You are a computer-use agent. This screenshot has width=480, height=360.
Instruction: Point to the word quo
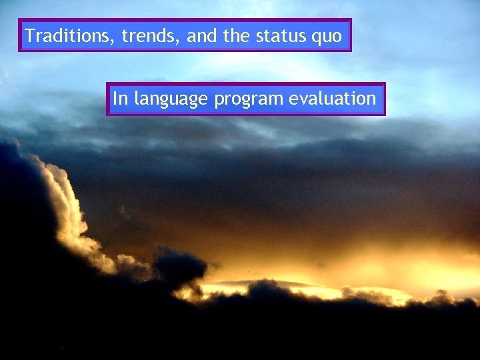click(x=327, y=37)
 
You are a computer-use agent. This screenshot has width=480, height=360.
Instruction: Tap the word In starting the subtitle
click(x=120, y=99)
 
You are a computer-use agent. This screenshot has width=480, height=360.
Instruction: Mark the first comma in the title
click(x=115, y=41)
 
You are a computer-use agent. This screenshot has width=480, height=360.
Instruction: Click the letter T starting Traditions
click(x=30, y=35)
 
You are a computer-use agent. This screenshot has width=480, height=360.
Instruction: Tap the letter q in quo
click(x=316, y=37)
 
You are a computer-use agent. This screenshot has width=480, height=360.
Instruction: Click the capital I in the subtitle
click(x=115, y=99)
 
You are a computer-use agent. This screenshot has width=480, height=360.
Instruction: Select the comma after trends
click(x=181, y=41)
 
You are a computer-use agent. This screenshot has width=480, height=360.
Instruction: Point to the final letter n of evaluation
click(x=371, y=99)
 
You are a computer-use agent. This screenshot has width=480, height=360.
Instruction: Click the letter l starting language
click(x=136, y=99)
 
